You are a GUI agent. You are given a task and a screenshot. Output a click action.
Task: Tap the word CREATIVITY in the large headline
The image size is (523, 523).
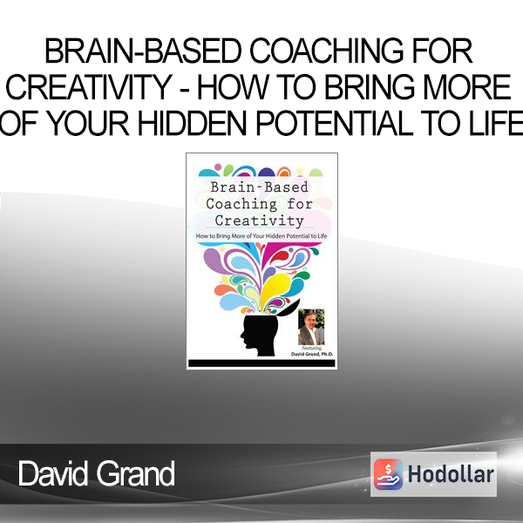[89, 87]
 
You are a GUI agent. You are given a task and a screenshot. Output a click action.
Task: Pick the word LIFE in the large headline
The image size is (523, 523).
[496, 123]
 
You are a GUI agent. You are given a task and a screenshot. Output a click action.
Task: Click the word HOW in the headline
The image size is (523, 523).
[232, 87]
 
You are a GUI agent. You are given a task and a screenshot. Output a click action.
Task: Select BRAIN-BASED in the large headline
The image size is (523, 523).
[143, 51]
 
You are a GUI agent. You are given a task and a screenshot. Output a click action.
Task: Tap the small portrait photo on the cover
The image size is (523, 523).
[311, 327]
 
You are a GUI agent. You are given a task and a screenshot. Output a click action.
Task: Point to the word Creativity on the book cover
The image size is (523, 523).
[260, 221]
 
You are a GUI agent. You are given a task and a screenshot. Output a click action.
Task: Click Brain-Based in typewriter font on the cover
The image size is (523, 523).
[260, 187]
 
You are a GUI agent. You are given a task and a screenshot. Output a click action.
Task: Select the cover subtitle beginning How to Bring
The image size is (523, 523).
[261, 236]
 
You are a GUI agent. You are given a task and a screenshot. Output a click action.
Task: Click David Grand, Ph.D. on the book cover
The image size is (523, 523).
[312, 354]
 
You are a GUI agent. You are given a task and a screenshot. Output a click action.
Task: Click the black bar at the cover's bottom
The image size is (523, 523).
[261, 363]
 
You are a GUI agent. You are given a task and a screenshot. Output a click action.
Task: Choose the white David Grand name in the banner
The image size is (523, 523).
[97, 473]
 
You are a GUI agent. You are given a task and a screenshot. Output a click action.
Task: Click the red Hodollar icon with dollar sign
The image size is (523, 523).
[388, 474]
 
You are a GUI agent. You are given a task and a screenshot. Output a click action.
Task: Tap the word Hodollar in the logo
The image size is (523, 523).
[451, 474]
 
